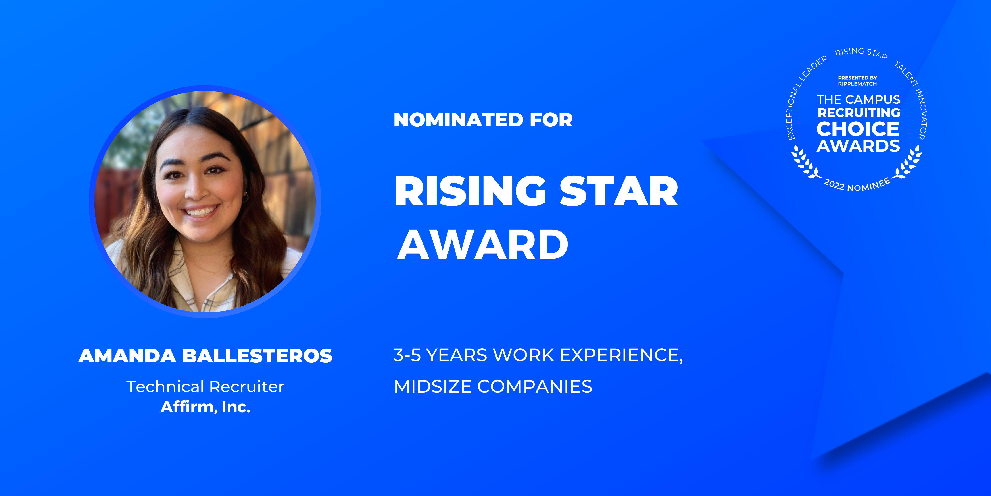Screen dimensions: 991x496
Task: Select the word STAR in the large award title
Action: tap(619, 191)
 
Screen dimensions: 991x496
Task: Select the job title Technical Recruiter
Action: tap(205, 387)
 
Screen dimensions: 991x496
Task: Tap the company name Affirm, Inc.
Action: tap(205, 407)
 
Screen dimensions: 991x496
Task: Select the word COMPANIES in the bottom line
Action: tap(535, 387)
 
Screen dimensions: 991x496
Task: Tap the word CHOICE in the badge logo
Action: tap(858, 129)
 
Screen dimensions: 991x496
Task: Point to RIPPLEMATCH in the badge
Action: tap(858, 84)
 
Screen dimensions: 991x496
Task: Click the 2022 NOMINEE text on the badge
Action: tap(857, 185)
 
